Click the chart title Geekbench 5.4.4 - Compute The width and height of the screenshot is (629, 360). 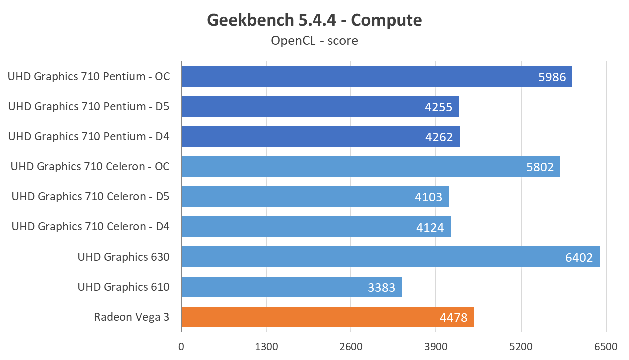point(314,20)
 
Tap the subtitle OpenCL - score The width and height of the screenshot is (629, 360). point(314,40)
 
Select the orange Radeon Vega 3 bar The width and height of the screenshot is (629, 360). point(327,317)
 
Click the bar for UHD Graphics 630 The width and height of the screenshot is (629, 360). point(389,257)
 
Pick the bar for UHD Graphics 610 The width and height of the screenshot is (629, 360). point(292,287)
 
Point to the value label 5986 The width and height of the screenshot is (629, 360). point(552,77)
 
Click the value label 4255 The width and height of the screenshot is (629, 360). point(439,107)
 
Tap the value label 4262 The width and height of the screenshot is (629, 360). point(439,137)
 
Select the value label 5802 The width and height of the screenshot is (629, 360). point(540,167)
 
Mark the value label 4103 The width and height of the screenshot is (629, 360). point(429,197)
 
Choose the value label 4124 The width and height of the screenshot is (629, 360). point(430,227)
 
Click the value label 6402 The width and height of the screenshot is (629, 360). point(579,257)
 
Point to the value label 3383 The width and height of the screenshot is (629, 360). point(381,287)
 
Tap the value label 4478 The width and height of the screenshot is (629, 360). point(453,317)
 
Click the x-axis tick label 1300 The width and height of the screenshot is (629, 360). point(266,346)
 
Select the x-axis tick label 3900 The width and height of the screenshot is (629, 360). point(436,346)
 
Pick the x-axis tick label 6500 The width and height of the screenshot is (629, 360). point(606,346)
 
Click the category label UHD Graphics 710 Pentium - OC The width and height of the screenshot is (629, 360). point(89,77)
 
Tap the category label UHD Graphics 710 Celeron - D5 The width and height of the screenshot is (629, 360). point(90,197)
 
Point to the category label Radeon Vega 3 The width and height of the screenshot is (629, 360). point(132,317)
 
